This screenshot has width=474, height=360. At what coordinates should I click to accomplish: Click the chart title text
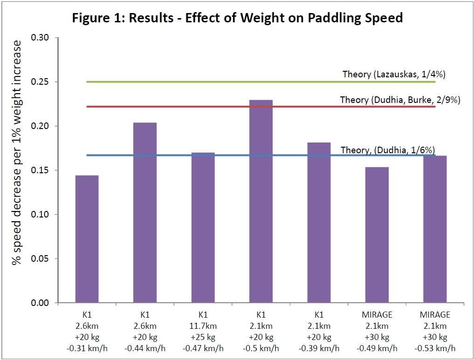click(x=237, y=19)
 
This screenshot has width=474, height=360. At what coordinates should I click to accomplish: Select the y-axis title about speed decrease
click(x=17, y=152)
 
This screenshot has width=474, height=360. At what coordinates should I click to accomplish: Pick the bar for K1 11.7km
click(x=203, y=228)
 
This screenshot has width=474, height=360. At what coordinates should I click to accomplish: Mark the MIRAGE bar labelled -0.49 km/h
click(x=377, y=235)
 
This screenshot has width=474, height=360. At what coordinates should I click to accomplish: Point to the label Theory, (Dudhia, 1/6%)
click(x=388, y=150)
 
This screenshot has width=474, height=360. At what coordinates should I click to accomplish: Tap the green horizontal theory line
click(x=210, y=82)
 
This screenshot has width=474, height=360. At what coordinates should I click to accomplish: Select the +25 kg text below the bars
click(x=203, y=337)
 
